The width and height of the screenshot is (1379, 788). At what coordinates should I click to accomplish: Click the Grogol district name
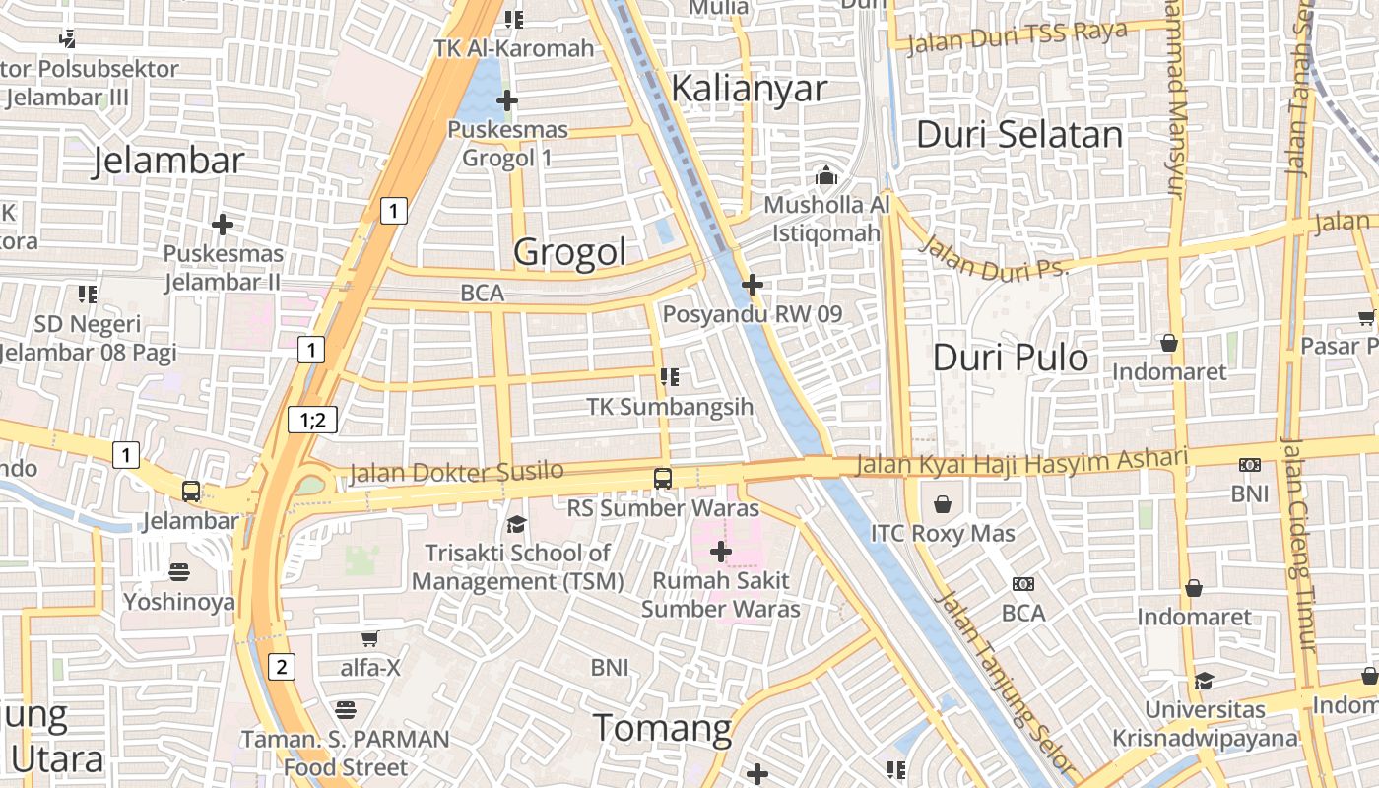tap(569, 253)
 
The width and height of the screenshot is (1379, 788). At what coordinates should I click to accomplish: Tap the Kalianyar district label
tap(749, 89)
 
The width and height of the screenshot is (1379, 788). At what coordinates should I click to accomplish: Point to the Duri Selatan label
tap(1019, 135)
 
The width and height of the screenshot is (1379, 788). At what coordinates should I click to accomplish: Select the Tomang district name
tap(662, 729)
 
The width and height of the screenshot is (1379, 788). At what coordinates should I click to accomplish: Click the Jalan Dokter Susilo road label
tap(456, 473)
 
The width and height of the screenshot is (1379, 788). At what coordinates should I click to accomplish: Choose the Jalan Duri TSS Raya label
tap(1017, 37)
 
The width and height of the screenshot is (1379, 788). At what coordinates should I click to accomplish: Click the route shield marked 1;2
tap(313, 421)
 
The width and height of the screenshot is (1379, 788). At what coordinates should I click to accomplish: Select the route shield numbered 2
tap(282, 668)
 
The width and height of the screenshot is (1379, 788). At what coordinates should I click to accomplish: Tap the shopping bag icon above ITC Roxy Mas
tap(943, 505)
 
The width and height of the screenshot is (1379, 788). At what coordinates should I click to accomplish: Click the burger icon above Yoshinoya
tap(178, 571)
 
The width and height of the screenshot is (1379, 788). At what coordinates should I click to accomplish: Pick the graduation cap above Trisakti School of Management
tap(516, 524)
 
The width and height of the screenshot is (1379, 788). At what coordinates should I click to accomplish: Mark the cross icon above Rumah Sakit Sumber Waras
tap(721, 552)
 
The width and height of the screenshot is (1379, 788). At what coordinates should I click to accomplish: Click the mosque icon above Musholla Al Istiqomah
tap(825, 176)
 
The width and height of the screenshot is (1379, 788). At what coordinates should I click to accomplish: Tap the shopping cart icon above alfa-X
tap(370, 638)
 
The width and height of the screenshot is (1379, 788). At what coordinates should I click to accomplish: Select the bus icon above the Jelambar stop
tap(191, 491)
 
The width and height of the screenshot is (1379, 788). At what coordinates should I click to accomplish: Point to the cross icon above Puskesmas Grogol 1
tap(507, 100)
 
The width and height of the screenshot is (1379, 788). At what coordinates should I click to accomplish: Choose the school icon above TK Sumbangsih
tap(670, 376)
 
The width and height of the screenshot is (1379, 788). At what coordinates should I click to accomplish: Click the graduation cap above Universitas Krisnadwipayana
tap(1204, 681)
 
